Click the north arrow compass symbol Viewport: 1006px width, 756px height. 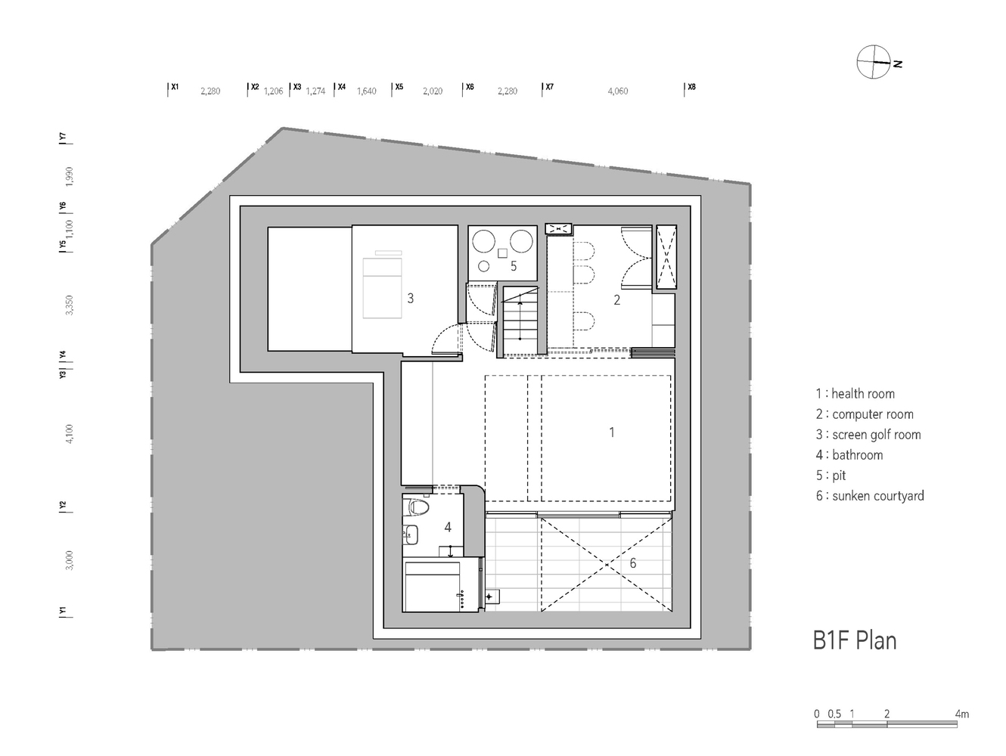click(x=873, y=62)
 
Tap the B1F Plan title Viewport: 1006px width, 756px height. click(x=854, y=640)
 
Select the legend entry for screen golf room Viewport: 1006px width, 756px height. click(x=868, y=435)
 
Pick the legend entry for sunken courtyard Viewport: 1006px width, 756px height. click(x=870, y=496)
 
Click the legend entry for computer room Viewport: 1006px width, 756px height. click(x=865, y=414)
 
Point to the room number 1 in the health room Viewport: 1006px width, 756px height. click(x=612, y=432)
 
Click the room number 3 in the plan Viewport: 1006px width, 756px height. click(x=411, y=299)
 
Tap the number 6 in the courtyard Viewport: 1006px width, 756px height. click(x=633, y=563)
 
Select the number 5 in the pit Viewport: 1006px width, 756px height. click(x=514, y=266)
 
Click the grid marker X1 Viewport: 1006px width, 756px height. click(x=174, y=87)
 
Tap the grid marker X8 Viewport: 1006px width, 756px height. click(x=691, y=87)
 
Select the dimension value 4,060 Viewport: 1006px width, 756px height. click(x=617, y=91)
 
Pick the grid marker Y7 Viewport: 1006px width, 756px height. click(x=64, y=138)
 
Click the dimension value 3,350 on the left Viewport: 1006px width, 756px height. click(x=70, y=305)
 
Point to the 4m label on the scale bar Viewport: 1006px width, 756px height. click(x=961, y=714)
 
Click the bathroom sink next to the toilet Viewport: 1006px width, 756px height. click(x=411, y=534)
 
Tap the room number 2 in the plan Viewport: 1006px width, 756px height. click(x=616, y=300)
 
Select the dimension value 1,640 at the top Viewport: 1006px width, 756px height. click(x=366, y=91)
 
